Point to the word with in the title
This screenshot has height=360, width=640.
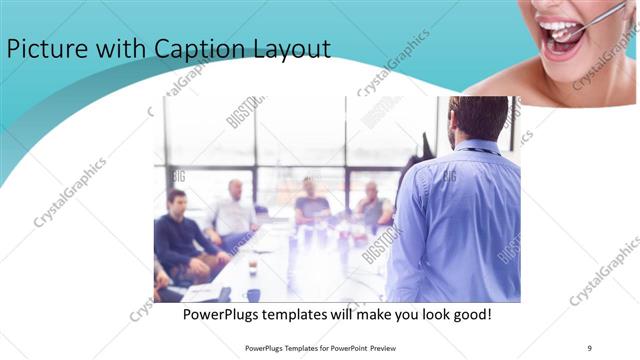tap(119, 49)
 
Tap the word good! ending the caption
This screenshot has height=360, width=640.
tap(469, 315)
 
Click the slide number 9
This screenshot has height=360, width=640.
tap(589, 348)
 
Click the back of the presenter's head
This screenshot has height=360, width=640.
tap(479, 118)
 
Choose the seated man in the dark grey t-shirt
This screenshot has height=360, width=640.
tap(312, 203)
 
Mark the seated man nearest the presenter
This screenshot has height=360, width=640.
tap(374, 207)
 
